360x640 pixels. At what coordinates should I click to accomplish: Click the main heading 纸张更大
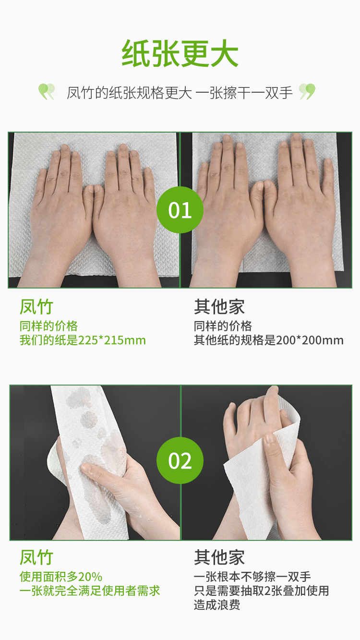(180, 53)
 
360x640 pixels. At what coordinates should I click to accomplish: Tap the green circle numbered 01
(180, 210)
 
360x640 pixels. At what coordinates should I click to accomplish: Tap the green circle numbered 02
(180, 460)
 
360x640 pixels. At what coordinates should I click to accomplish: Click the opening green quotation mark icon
(47, 91)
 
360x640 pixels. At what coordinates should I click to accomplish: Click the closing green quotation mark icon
(307, 91)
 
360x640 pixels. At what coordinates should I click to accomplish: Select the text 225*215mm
(112, 340)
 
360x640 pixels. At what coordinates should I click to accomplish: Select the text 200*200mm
(310, 340)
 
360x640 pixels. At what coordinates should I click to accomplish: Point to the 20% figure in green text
(90, 577)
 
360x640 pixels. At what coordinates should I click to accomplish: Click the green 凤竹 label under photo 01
(36, 307)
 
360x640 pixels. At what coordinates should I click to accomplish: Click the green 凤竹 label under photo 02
(36, 557)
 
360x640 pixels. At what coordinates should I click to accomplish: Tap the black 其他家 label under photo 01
(219, 307)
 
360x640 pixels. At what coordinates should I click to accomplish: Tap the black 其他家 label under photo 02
(219, 557)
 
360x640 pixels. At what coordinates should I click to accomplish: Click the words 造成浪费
(217, 605)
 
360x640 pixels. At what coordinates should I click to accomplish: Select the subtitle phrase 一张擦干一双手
(244, 93)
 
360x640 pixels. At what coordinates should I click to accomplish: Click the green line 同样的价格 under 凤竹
(48, 326)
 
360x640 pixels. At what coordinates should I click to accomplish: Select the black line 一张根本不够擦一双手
(252, 577)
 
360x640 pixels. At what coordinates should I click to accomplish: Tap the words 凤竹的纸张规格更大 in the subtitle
(130, 93)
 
